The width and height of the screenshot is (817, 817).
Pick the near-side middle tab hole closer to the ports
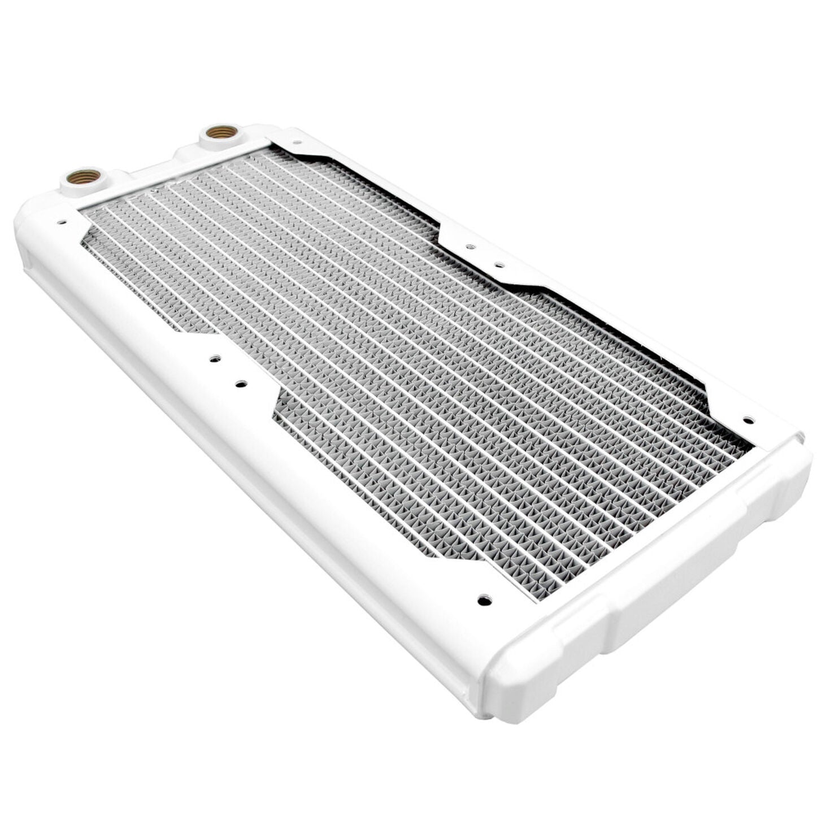[214, 358]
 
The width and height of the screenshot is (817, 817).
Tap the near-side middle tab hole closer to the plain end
[240, 384]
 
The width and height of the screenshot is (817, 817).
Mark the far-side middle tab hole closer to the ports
[468, 246]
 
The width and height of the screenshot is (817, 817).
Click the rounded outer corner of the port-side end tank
[28, 226]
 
